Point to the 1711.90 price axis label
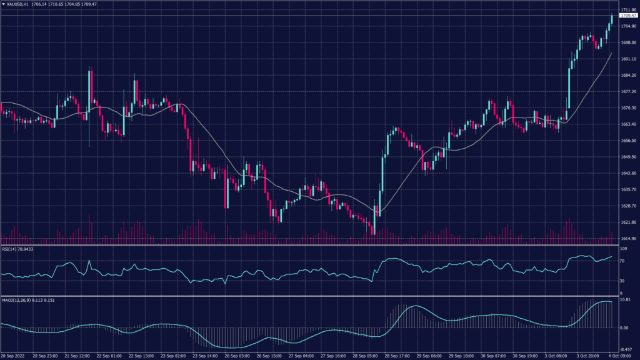click(x=629, y=10)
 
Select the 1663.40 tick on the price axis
click(x=629, y=124)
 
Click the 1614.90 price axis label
click(x=629, y=239)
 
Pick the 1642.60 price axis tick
click(x=629, y=173)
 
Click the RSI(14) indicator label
click(x=9, y=249)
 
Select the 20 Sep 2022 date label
click(x=12, y=356)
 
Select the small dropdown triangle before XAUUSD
click(x=3, y=4)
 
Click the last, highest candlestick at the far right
click(x=611, y=19)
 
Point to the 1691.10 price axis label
click(x=629, y=59)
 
